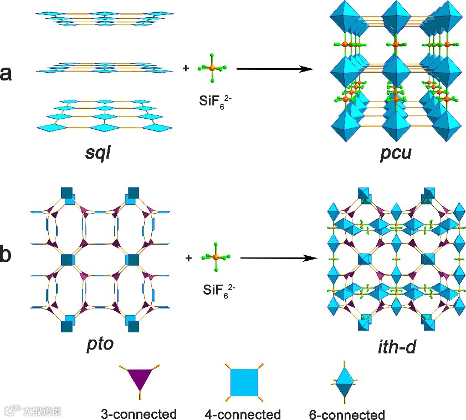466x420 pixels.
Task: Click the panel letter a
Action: (x=7, y=73)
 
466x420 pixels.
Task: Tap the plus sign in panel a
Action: (x=185, y=69)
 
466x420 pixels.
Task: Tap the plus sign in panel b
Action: (x=189, y=258)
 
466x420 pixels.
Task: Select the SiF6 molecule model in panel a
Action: (x=212, y=68)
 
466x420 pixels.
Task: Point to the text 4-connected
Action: (x=243, y=414)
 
